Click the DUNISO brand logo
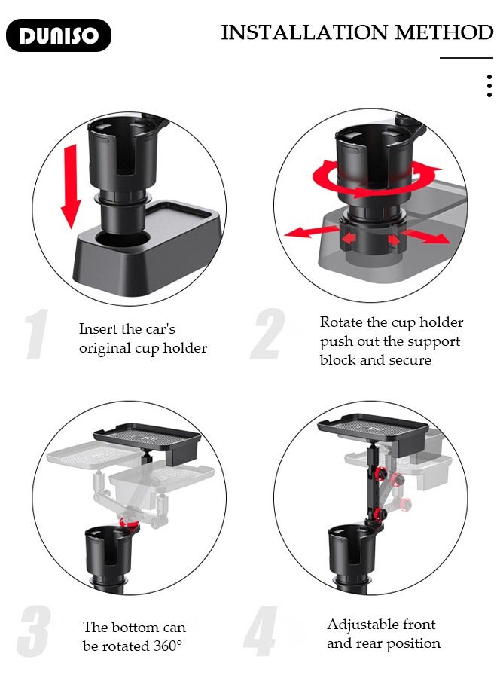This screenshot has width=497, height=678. [x=58, y=35]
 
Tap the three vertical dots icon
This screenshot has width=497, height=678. [x=489, y=86]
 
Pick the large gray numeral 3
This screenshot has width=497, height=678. [x=35, y=631]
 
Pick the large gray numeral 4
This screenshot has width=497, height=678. [x=261, y=631]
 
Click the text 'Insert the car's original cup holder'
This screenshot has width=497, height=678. [x=142, y=338]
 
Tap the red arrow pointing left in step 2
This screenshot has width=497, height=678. [x=305, y=231]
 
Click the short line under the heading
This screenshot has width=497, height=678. [x=466, y=57]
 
